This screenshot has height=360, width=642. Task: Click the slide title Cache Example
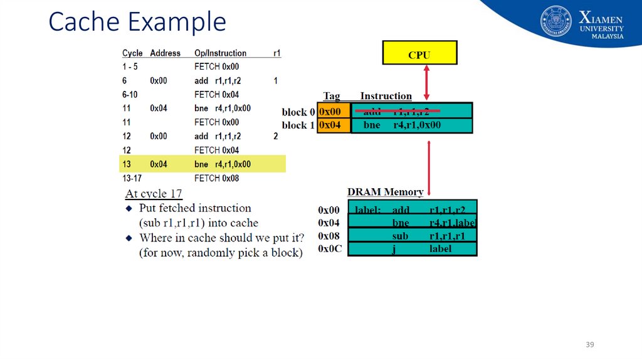137,22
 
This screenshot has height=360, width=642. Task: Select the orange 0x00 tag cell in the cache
334,111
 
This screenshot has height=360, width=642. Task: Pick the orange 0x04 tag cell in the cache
334,125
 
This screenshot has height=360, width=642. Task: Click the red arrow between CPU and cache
426,82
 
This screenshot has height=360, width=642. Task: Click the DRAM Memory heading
385,192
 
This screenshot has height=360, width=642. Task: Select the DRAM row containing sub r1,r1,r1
412,236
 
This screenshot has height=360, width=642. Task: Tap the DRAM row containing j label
412,249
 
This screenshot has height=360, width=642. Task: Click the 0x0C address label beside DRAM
330,249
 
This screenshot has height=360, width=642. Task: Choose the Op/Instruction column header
220,53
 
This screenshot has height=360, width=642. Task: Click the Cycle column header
132,53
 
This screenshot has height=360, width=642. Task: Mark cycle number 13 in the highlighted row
127,164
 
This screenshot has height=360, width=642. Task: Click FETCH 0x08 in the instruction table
216,178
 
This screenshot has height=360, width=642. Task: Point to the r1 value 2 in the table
276,136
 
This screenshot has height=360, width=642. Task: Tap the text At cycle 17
154,194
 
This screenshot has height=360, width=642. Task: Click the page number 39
589,345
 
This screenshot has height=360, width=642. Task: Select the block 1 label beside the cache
298,125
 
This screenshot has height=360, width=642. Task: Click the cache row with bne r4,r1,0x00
411,125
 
